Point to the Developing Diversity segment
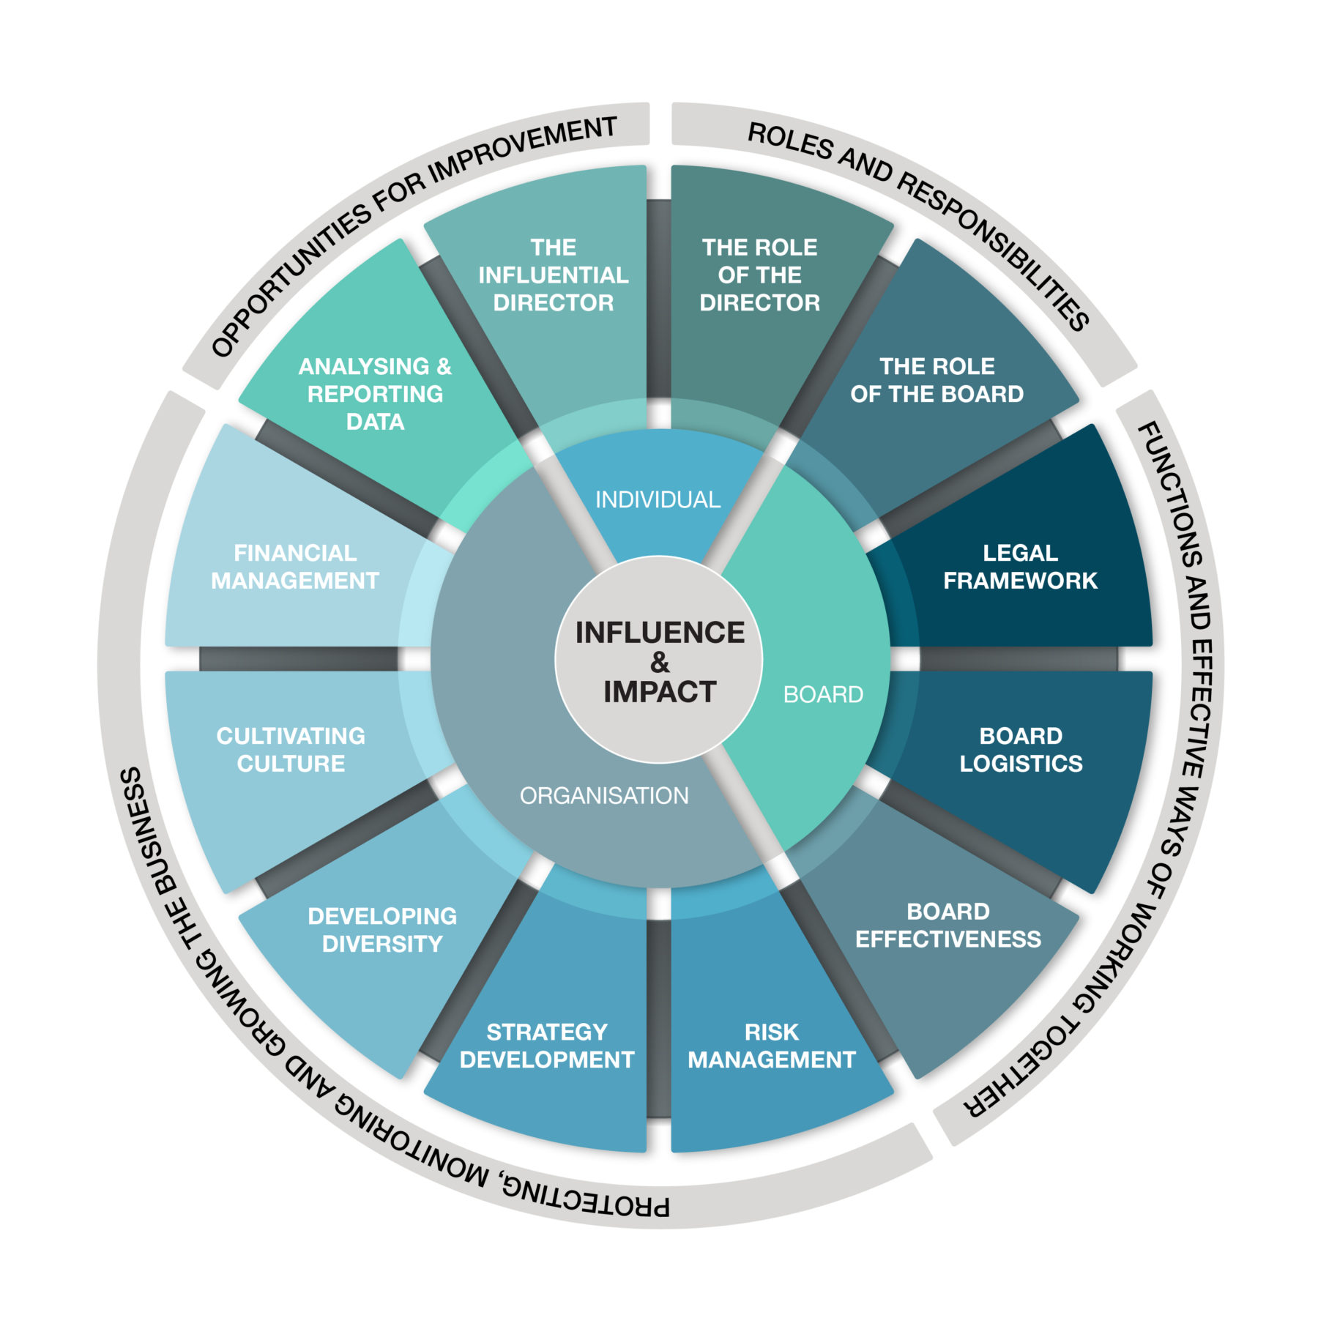click(x=382, y=929)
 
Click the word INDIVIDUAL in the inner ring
click(x=658, y=499)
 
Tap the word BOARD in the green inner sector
click(x=823, y=694)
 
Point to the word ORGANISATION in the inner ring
click(x=604, y=795)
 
